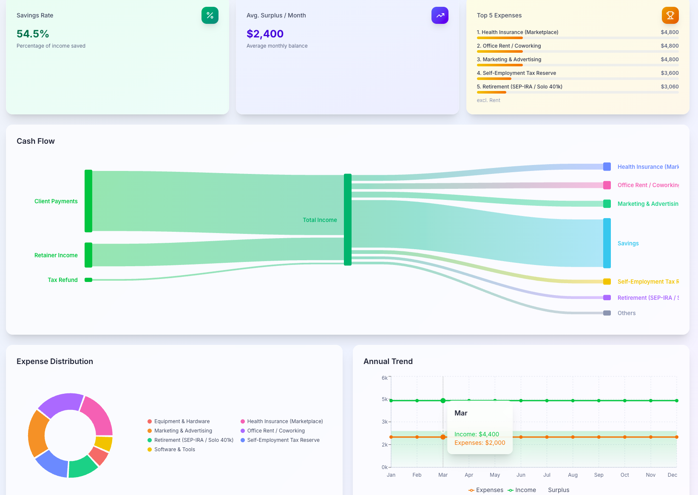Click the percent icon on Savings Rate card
pyautogui.click(x=210, y=15)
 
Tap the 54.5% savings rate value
pyautogui.click(x=33, y=34)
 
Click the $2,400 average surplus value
pyautogui.click(x=265, y=34)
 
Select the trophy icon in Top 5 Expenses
pyautogui.click(x=670, y=15)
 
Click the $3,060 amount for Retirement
pyautogui.click(x=670, y=86)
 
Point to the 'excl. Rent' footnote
pyautogui.click(x=488, y=100)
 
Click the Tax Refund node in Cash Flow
pyautogui.click(x=88, y=280)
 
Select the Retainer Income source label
pyautogui.click(x=56, y=255)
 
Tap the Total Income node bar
pyautogui.click(x=348, y=219)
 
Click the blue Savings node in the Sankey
pyautogui.click(x=607, y=243)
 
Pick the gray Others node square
pyautogui.click(x=607, y=313)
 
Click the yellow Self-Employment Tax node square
pyautogui.click(x=607, y=282)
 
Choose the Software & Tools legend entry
pyautogui.click(x=174, y=449)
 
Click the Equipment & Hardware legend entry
pyautogui.click(x=182, y=421)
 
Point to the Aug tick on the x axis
pyautogui.click(x=573, y=475)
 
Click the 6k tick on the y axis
pyautogui.click(x=384, y=378)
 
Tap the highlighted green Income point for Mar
pyautogui.click(x=443, y=401)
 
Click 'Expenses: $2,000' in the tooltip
pyautogui.click(x=480, y=443)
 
